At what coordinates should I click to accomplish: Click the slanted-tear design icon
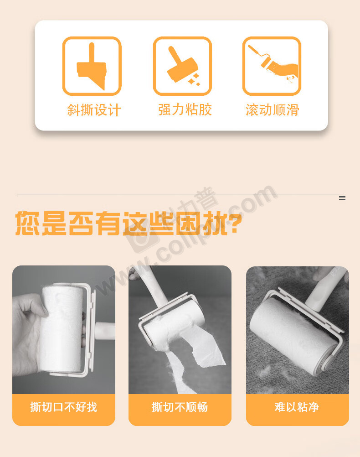[92, 66]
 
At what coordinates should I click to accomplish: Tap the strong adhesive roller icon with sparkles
[182, 66]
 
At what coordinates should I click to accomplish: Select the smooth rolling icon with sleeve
[272, 66]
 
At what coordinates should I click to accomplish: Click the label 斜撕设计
[94, 110]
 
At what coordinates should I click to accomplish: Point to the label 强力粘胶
[185, 110]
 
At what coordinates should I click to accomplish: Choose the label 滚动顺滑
[273, 110]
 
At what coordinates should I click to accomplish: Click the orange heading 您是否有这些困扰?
[129, 223]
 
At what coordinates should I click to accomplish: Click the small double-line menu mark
[342, 198]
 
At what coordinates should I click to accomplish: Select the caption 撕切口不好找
[63, 407]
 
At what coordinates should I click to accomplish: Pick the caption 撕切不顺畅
[180, 407]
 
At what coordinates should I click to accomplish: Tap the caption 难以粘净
[297, 407]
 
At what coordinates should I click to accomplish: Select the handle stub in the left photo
[105, 331]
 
